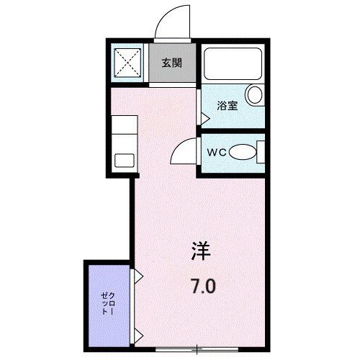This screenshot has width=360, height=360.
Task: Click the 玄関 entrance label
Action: coord(171,63)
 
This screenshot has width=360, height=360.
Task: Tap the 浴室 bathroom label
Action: coord(228,105)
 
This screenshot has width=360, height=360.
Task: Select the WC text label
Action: coord(217,153)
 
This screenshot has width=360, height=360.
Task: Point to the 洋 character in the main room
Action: coord(202,251)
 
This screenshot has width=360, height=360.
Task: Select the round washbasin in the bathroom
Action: coord(254,95)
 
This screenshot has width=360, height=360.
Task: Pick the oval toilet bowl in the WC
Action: coord(245,152)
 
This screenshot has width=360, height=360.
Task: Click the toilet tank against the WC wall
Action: coord(261,152)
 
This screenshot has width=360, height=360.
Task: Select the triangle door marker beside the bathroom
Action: coord(204,112)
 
